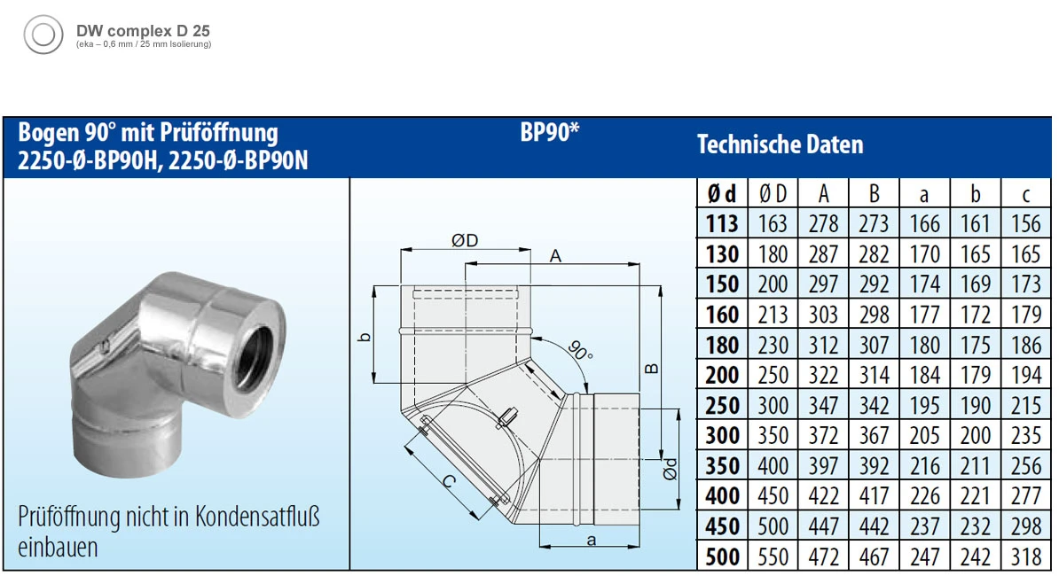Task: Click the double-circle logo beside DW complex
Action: tap(43, 35)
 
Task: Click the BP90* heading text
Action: tap(549, 133)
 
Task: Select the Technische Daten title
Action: tap(780, 144)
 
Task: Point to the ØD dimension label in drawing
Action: tap(465, 240)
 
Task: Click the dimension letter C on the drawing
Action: tap(450, 483)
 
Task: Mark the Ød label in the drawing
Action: tap(672, 469)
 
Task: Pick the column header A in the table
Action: tap(823, 194)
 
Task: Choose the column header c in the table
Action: tap(1025, 194)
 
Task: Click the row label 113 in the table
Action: tap(722, 224)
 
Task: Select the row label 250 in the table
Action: tap(722, 405)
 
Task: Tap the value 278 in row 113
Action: tap(823, 224)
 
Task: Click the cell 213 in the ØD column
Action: tap(773, 315)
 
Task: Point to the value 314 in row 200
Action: tap(874, 375)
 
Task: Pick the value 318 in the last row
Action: tap(1025, 556)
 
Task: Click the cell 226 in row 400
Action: tap(924, 495)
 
